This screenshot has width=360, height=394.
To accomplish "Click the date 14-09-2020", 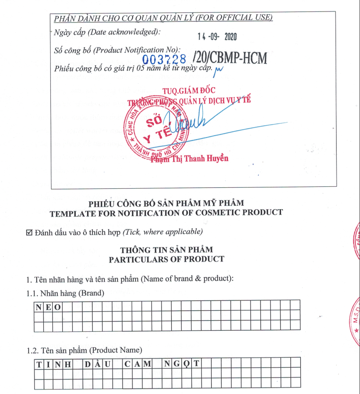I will (x=218, y=37).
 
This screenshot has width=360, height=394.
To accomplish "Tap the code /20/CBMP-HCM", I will (x=232, y=59).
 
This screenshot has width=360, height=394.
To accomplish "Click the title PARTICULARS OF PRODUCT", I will (x=166, y=259).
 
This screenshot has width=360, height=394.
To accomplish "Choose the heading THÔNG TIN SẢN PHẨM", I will (x=166, y=250).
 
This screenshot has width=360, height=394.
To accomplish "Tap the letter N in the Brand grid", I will (x=38, y=307).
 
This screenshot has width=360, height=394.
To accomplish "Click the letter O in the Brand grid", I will (x=58, y=307).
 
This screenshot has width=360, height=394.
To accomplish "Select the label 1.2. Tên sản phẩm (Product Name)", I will (x=84, y=350).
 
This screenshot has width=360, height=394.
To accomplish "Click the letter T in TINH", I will (x=39, y=364).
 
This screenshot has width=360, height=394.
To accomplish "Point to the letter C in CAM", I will (x=127, y=364).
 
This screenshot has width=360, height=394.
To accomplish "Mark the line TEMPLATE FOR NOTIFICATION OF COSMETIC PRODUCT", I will (x=166, y=213).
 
